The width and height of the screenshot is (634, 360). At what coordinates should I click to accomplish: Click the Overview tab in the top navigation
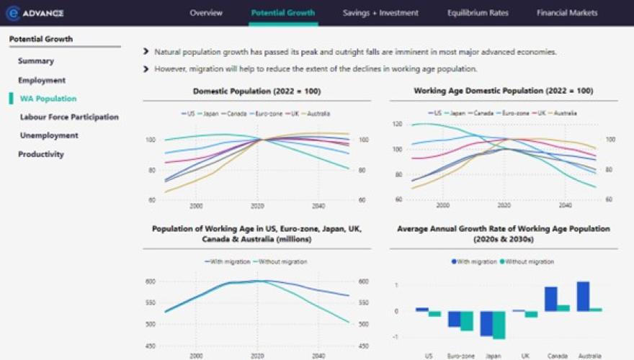[206, 13]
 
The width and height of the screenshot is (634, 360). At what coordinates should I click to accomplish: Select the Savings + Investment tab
[380, 13]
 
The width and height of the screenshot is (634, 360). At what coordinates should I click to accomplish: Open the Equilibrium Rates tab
[477, 13]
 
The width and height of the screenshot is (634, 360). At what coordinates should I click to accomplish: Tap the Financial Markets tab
[567, 13]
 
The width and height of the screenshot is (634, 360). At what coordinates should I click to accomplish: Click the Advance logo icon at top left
[13, 13]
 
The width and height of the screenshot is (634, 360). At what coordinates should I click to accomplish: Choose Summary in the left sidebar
[36, 61]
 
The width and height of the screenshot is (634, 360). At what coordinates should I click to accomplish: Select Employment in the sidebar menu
[42, 80]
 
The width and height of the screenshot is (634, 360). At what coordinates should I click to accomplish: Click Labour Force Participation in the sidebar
[69, 117]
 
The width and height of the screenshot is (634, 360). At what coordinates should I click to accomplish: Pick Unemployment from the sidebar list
[49, 135]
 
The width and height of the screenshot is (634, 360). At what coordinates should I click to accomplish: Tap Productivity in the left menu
[41, 154]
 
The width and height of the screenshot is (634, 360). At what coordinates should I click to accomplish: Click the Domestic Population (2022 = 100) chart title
[256, 91]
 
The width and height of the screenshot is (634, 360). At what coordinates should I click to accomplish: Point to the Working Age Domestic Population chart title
[503, 91]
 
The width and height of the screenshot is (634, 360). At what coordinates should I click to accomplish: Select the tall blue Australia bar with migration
[583, 296]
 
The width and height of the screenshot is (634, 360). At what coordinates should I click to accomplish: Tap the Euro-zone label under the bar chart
[461, 356]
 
